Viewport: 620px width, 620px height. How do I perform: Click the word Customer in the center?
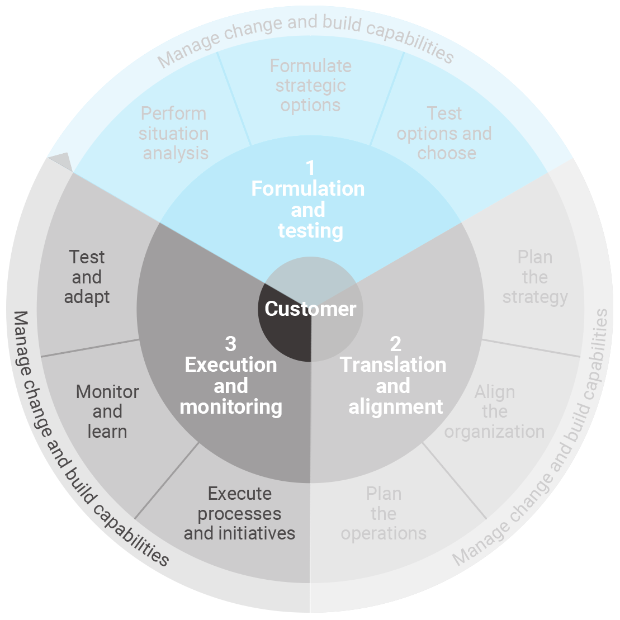(310, 309)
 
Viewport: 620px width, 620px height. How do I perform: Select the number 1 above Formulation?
(310, 167)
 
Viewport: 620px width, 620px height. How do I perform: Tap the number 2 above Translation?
(395, 343)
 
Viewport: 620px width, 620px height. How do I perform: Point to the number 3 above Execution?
(230, 343)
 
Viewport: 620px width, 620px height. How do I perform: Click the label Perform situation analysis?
(174, 133)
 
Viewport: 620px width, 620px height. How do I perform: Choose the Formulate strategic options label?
(311, 86)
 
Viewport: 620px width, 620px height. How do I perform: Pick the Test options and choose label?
(444, 133)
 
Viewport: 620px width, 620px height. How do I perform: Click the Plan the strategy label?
(535, 277)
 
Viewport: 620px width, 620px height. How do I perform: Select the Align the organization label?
(494, 412)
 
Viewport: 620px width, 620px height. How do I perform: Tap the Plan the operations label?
(384, 514)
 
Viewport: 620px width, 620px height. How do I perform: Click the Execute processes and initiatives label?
(239, 514)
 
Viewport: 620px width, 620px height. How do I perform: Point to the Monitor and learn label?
(107, 412)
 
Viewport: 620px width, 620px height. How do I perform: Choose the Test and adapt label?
(87, 277)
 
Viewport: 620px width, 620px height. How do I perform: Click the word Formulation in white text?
(308, 189)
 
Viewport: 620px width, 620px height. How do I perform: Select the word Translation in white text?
(393, 365)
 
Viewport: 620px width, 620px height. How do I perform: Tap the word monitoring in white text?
(231, 406)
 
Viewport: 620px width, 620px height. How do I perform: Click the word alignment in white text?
(395, 406)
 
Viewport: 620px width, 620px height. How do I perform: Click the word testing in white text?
(310, 230)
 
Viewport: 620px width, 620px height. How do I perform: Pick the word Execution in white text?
(231, 365)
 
